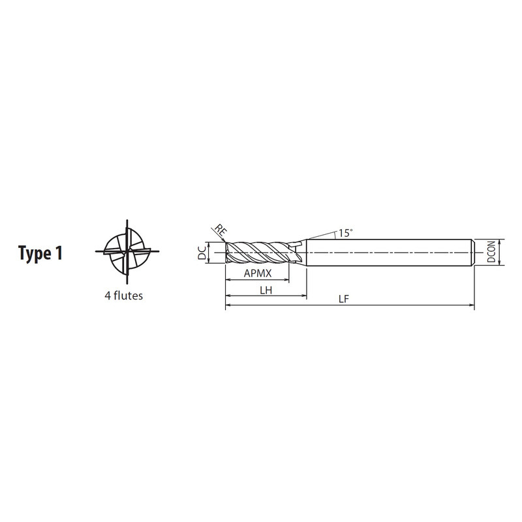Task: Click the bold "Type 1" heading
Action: [40, 253]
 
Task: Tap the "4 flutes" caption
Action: [124, 296]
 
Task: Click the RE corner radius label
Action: [220, 230]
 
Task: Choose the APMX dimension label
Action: [258, 273]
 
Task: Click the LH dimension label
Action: [266, 290]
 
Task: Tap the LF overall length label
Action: [344, 299]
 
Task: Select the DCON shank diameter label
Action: [491, 252]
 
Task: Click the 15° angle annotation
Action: [346, 233]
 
